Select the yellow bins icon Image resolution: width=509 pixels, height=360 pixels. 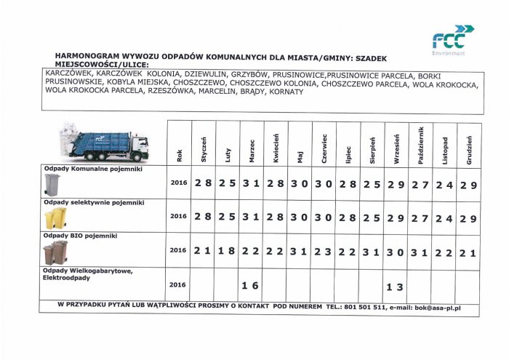click(55, 218)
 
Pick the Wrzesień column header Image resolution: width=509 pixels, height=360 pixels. click(396, 143)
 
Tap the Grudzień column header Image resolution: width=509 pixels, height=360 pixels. click(469, 143)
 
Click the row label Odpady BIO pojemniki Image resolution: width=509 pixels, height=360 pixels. click(81, 236)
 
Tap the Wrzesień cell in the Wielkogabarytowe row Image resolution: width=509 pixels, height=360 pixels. click(396, 287)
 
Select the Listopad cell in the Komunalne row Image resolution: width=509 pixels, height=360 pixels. click(444, 185)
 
